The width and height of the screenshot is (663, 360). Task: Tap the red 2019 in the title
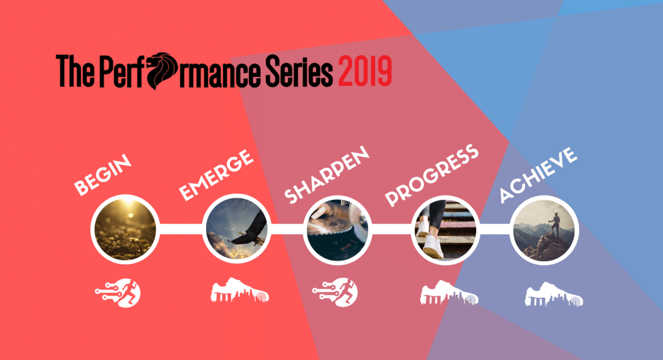pos(365,71)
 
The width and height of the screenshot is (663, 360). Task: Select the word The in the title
pos(75,71)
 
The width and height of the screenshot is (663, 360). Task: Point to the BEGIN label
pos(103,175)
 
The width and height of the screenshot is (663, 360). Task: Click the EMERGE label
pos(216,175)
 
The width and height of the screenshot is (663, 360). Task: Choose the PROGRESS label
pos(431,175)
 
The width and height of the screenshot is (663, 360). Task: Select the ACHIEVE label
pos(538,175)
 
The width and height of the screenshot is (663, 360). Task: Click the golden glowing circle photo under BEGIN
pos(125,230)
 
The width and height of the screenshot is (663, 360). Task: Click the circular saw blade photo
pos(338,230)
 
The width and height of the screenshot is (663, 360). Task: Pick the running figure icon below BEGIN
pos(118,293)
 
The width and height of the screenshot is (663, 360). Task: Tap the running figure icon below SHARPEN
pos(335,292)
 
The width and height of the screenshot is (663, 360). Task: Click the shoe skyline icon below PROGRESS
pos(449,292)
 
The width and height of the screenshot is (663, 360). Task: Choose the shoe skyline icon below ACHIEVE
pos(554,294)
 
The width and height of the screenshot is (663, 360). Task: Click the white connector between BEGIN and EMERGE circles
pos(181,229)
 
